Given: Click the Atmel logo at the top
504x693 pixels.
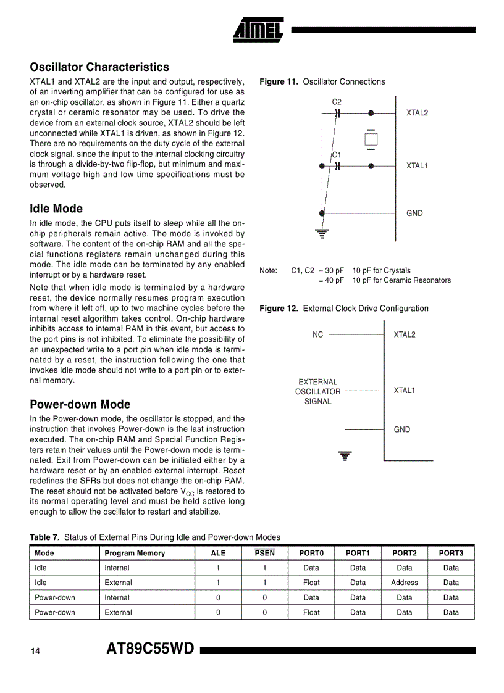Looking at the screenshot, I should point(258,29).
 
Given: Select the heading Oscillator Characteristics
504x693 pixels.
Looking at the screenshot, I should point(99,67).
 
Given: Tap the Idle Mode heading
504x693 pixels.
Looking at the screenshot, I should point(56,209).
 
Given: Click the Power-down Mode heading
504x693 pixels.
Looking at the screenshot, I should point(80,404).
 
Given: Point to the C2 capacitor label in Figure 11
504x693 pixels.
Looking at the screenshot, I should point(337,102).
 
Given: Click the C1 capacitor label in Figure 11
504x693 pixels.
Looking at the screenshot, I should point(337,155).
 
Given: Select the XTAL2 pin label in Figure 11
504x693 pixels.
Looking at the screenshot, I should point(417,113).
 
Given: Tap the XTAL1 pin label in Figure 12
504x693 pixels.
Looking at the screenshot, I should point(405,391).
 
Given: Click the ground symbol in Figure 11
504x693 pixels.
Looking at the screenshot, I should point(322,233).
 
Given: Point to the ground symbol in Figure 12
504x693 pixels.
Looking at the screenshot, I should point(345,456).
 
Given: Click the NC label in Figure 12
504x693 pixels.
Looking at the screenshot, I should point(317,334).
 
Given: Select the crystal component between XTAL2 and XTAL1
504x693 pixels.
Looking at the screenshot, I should point(371,139).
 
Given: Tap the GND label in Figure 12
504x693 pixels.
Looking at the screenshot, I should point(401,429).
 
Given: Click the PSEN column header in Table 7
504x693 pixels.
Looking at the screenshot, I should point(264,553).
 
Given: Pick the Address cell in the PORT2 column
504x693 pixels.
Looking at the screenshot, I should point(405,583).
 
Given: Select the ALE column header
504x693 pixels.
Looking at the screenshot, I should point(218,553).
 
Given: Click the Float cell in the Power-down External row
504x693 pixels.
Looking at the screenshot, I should point(311,612).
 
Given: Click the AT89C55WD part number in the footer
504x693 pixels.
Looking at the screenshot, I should point(150,649).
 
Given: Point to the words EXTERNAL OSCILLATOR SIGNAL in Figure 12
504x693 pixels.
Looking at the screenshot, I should point(317,391).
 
